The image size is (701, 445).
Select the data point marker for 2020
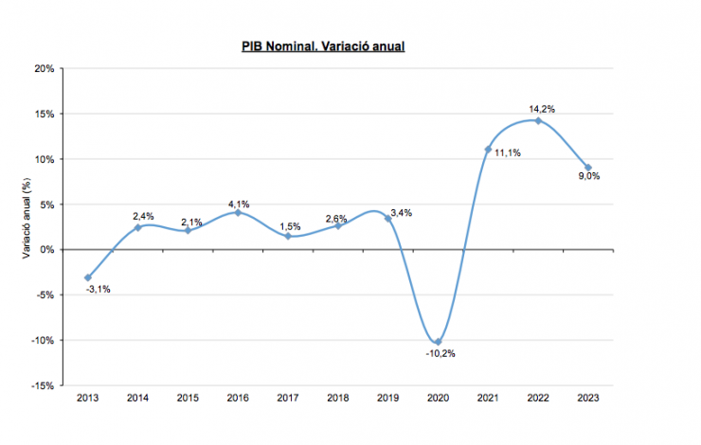[x=438, y=342]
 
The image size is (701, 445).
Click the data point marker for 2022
[x=538, y=120]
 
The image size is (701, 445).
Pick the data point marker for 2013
[x=88, y=277]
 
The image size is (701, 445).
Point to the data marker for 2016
[x=238, y=212]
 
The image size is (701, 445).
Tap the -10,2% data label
[x=440, y=353]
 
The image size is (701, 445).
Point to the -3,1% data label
[x=98, y=289]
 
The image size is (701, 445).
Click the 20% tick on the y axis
[x=44, y=68]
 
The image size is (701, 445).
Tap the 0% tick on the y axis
[x=46, y=250]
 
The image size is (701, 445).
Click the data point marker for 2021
[x=488, y=149]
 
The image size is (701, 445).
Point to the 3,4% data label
[x=403, y=212]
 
